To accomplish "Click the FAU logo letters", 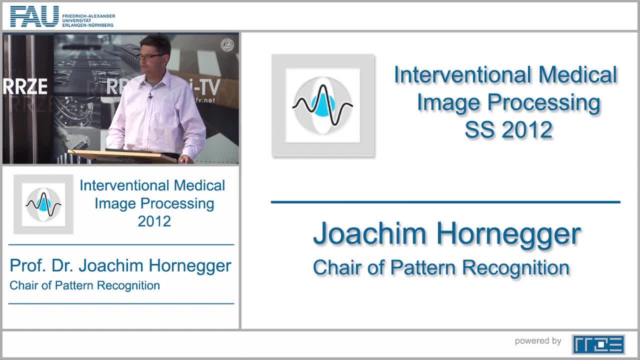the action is pyautogui.click(x=34, y=16).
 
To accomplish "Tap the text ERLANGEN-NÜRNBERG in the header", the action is pyautogui.click(x=88, y=25).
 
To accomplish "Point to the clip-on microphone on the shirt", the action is pyautogui.click(x=150, y=96).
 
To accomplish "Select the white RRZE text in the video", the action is pyautogui.click(x=25, y=86).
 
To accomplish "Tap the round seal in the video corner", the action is pyautogui.click(x=227, y=45).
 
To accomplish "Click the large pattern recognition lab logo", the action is pyautogui.click(x=323, y=105).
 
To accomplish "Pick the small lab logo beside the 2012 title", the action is pyautogui.click(x=43, y=204).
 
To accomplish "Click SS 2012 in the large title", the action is pyautogui.click(x=508, y=130).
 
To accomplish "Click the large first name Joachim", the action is pyautogui.click(x=370, y=233).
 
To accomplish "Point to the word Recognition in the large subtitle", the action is pyautogui.click(x=516, y=268).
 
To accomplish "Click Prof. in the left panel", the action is pyautogui.click(x=27, y=265).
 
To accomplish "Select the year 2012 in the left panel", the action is pyautogui.click(x=154, y=221).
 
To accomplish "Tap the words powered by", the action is pyautogui.click(x=538, y=341).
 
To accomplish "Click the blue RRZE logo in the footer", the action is pyautogui.click(x=598, y=344).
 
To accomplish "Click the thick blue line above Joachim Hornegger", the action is pyautogui.click(x=445, y=202).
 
